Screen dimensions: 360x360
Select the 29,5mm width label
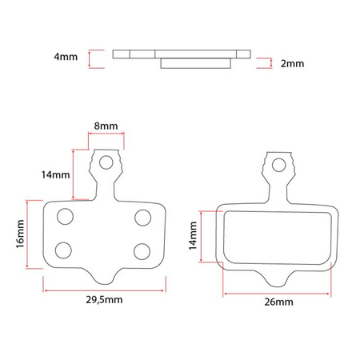click(105, 300)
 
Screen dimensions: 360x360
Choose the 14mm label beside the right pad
click(193, 237)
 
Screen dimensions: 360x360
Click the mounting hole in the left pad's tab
click(106, 164)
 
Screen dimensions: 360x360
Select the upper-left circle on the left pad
click(66, 216)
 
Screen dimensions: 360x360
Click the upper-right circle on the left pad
click(142, 216)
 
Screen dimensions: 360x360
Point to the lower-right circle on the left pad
click(142, 250)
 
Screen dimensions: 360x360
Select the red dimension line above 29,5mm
click(105, 289)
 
